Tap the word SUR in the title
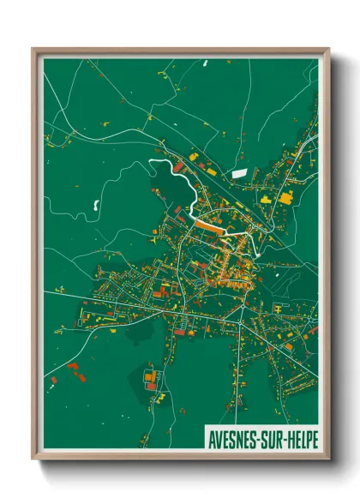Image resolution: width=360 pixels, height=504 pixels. [274, 436]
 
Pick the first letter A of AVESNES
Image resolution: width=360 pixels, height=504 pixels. [210, 436]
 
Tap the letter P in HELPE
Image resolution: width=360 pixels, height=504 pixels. [309, 436]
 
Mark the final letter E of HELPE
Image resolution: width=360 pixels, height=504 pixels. [315, 436]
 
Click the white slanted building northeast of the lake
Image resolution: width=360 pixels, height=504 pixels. [239, 174]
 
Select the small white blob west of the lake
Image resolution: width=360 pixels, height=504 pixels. [93, 205]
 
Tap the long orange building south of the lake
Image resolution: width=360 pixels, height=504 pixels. [209, 226]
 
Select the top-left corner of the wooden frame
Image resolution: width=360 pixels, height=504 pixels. [33, 50]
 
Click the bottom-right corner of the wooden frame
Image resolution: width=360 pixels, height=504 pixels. [329, 460]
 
